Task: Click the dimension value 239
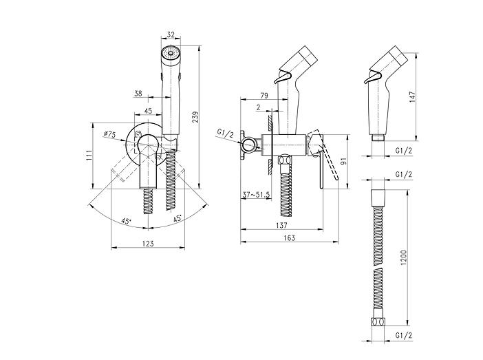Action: [x=196, y=117]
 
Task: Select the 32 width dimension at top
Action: [x=171, y=34]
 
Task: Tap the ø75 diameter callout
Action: [x=109, y=134]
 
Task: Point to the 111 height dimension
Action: [x=89, y=156]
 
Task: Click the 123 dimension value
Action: [x=148, y=244]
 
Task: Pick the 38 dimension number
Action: [x=138, y=93]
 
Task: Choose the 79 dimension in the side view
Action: [x=264, y=96]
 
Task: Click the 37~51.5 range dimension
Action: [x=256, y=195]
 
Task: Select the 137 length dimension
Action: [x=281, y=225]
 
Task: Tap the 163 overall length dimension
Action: [x=289, y=237]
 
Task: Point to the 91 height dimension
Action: [x=344, y=160]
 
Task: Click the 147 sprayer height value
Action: [x=413, y=97]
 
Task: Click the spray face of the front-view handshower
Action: [x=171, y=53]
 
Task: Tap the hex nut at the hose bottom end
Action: [x=378, y=322]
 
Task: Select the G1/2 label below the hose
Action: [x=403, y=335]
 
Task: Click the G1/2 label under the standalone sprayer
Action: [x=403, y=151]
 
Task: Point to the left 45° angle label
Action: [x=127, y=221]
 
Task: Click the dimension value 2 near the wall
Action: [x=259, y=107]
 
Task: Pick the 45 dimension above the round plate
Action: [x=148, y=111]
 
